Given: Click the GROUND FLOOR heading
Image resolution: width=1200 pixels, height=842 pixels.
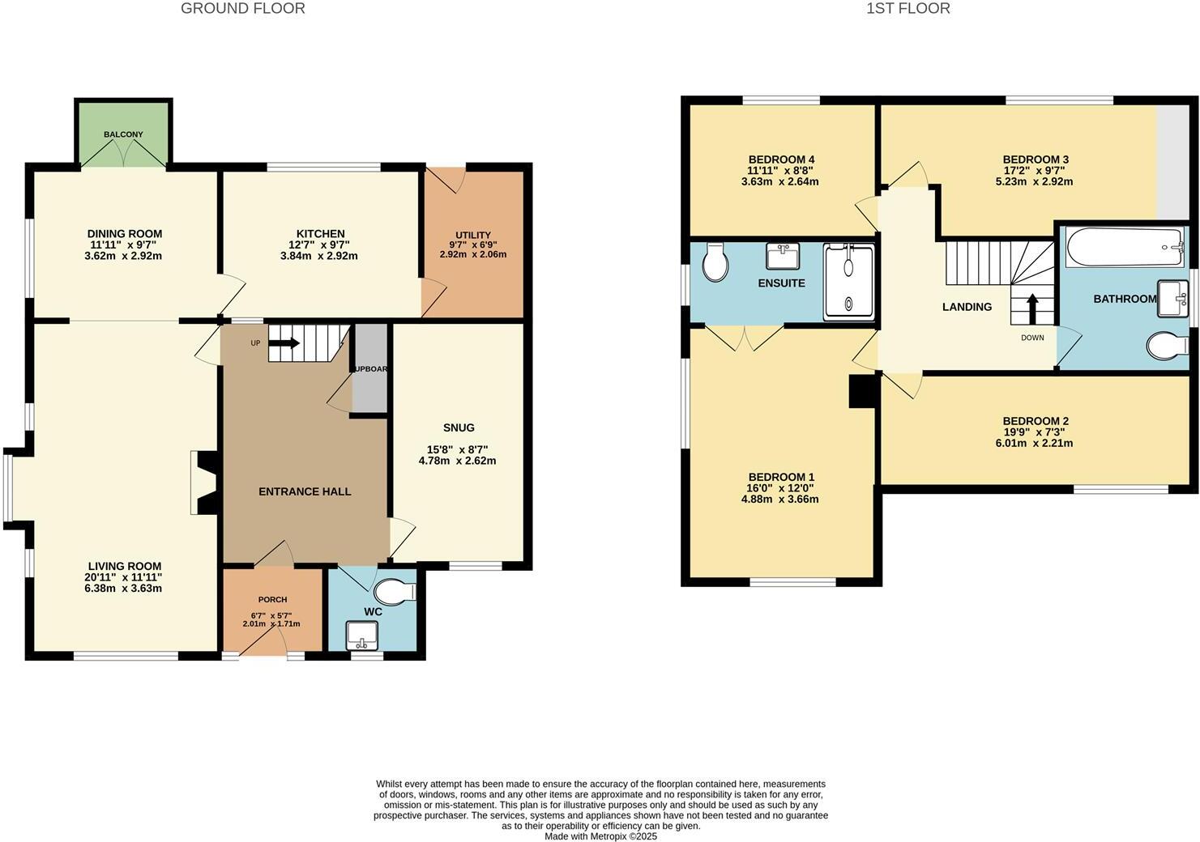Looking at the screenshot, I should pos(242,9).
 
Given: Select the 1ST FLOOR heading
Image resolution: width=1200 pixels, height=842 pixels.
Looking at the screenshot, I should pos(907,9).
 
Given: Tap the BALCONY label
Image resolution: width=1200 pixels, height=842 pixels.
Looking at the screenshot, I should pos(123,134).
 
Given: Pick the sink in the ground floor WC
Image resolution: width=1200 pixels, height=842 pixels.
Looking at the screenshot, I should pos(357,636).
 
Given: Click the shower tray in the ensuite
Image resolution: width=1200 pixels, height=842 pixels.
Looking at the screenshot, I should pos(848,283).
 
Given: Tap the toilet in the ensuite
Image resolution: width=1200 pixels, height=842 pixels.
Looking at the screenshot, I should pos(715,262).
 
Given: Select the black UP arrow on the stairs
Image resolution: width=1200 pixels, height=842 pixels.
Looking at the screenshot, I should pos(284,343).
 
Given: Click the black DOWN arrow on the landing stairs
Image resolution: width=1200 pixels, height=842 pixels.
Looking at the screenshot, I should pos(1032,309).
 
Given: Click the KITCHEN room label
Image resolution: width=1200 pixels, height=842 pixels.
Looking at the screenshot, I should pos(320,234).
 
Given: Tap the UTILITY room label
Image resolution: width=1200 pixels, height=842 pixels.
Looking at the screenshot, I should pos(472,236).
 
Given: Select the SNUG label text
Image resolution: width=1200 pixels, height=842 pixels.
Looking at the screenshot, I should pos(459,427).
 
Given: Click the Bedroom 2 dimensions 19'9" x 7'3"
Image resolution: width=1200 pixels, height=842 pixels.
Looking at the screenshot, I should pos(1036,432).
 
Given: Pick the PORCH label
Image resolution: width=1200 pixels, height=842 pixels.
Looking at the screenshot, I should pos(272,600).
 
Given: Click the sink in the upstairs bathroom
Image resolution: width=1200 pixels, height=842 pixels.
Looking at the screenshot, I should pos(1171,298).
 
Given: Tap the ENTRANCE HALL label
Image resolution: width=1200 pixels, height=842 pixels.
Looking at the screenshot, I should pos(305,491).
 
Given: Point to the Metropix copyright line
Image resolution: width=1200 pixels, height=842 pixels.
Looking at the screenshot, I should pos(600,836).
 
